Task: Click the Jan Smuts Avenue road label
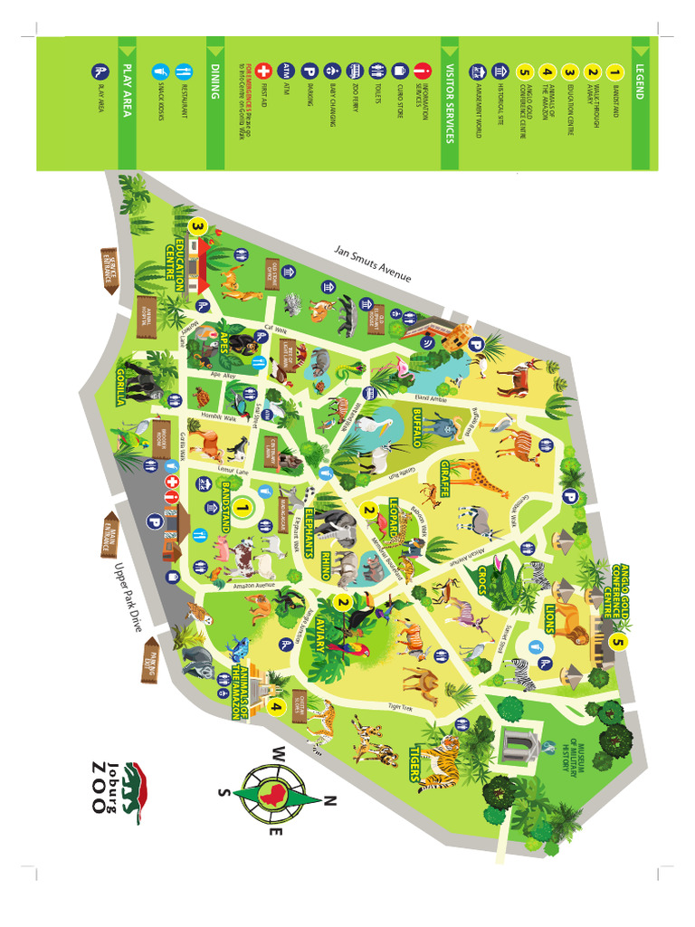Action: pyautogui.click(x=373, y=263)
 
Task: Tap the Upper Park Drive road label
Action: pyautogui.click(x=130, y=597)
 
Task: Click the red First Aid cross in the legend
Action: pyautogui.click(x=264, y=70)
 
